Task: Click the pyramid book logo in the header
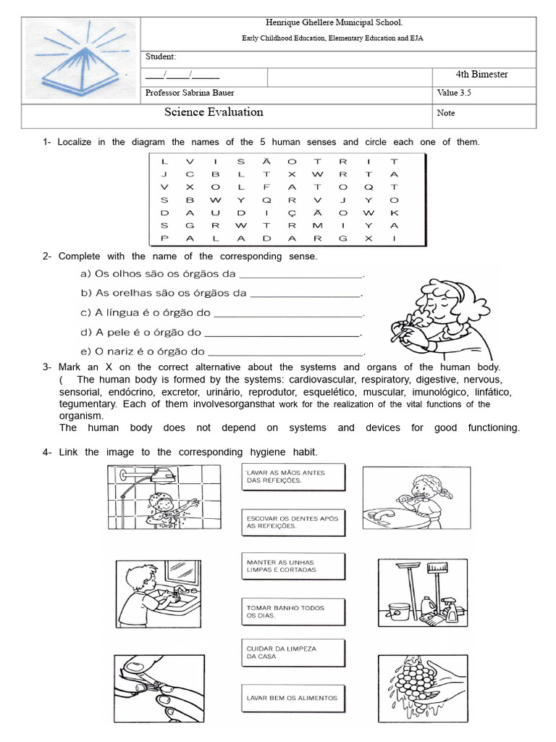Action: pyautogui.click(x=80, y=61)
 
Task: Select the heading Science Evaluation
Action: pyautogui.click(x=214, y=112)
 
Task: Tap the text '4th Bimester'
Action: pyautogui.click(x=481, y=75)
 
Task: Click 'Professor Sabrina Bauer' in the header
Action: pyautogui.click(x=190, y=93)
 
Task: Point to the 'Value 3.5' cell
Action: pyautogui.click(x=455, y=93)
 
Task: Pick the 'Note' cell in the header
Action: pyautogui.click(x=447, y=113)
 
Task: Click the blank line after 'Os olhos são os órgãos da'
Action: pyautogui.click(x=300, y=275)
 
